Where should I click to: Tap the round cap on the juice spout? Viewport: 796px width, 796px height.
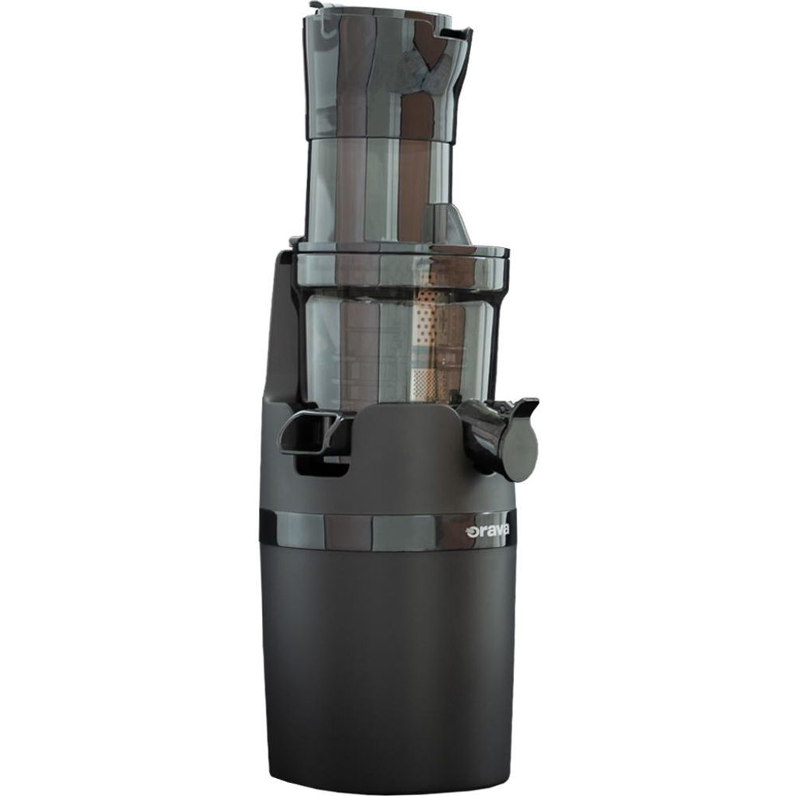pos(518,452)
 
